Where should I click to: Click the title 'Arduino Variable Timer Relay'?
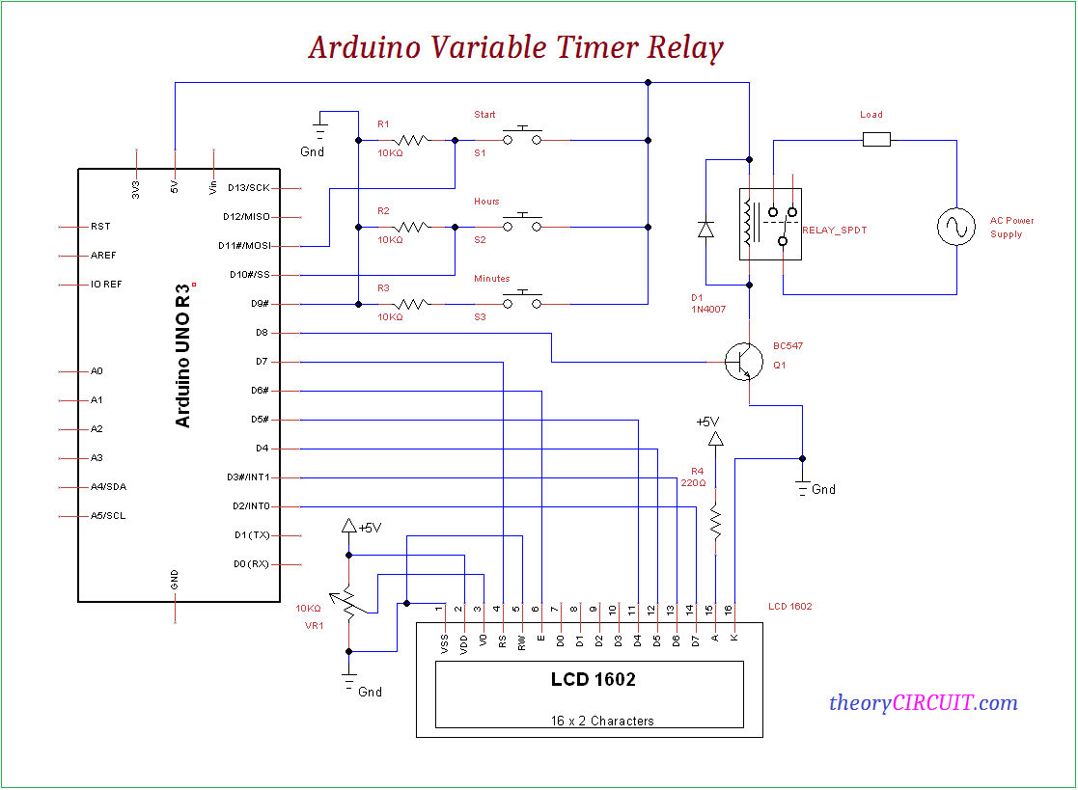[x=515, y=46]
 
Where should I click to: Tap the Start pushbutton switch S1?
[x=522, y=138]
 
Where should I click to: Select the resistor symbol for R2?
[x=412, y=227]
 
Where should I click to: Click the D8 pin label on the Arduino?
[x=262, y=333]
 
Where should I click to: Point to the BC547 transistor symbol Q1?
[x=742, y=361]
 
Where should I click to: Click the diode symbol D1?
[x=705, y=230]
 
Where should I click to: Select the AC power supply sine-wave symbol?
[x=957, y=228]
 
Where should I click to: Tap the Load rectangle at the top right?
[x=875, y=140]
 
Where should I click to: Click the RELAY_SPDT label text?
[x=836, y=231]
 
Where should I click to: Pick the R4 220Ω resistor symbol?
[x=716, y=522]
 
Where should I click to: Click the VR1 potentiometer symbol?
[x=348, y=601]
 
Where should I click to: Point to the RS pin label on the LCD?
[x=502, y=640]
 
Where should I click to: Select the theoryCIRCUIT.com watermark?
[x=923, y=702]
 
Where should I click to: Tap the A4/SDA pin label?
[x=108, y=487]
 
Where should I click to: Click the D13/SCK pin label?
[x=249, y=188]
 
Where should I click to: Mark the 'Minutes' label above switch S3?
[x=491, y=279]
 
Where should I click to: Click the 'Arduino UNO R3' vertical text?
[x=183, y=356]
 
